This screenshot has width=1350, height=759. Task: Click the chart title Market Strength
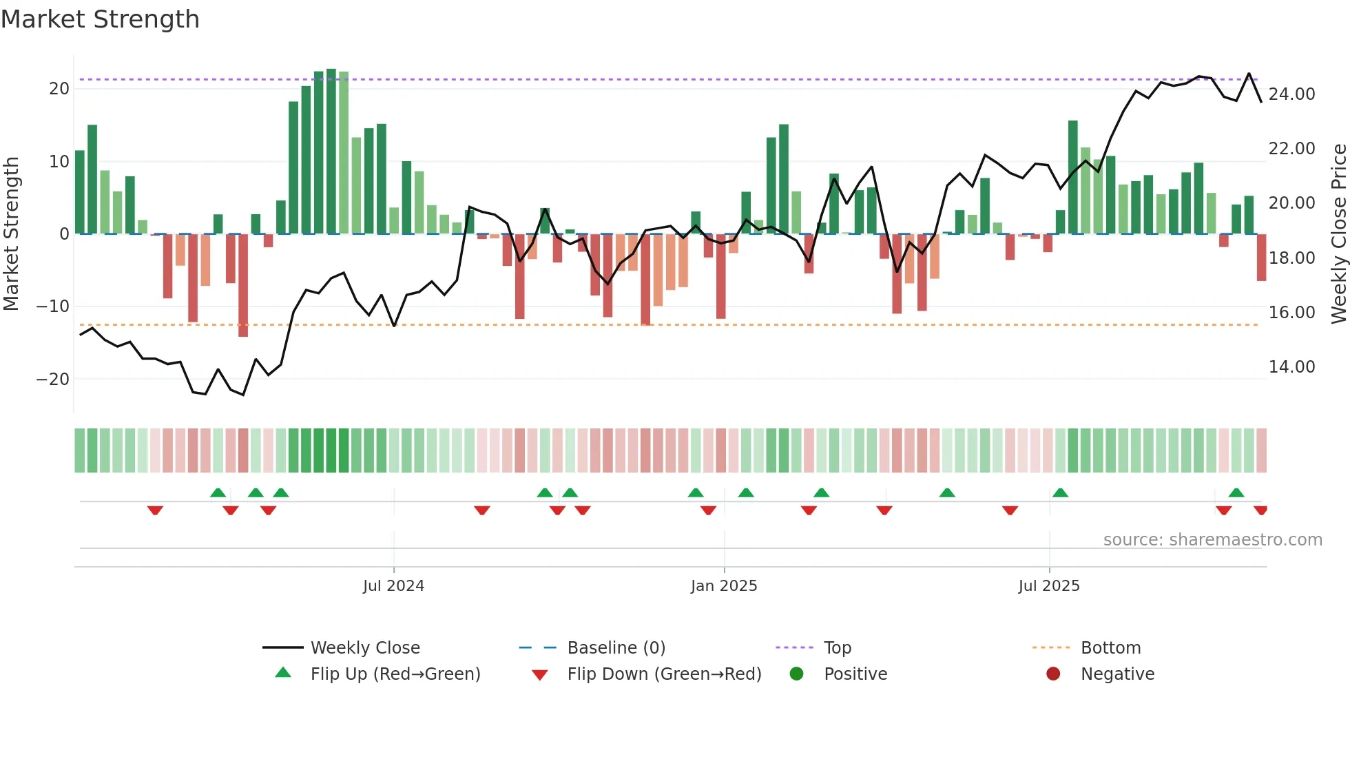click(100, 19)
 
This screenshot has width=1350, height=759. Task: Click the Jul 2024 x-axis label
click(393, 586)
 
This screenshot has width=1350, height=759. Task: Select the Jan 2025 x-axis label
click(724, 586)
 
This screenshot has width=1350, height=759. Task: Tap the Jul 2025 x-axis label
click(1049, 586)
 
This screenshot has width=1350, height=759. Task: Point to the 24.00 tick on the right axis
click(1291, 94)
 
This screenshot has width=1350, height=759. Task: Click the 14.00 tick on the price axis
click(1291, 367)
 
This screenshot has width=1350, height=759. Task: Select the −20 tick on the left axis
click(53, 379)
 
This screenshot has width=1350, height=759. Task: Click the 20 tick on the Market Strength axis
click(59, 89)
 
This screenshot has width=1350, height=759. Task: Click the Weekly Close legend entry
click(364, 648)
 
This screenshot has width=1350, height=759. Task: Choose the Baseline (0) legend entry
click(616, 648)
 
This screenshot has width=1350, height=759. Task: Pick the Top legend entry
click(838, 648)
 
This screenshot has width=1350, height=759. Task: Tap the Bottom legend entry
click(1110, 648)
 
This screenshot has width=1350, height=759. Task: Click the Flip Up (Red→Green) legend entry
click(395, 674)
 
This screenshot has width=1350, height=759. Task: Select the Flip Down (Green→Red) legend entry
click(664, 674)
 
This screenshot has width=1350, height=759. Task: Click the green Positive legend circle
click(797, 674)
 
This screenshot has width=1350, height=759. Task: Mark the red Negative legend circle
click(1053, 674)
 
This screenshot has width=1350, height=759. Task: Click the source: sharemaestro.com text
click(1212, 540)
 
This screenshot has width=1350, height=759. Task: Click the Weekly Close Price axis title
click(1338, 234)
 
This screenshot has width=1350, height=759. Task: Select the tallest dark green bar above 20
click(331, 152)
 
